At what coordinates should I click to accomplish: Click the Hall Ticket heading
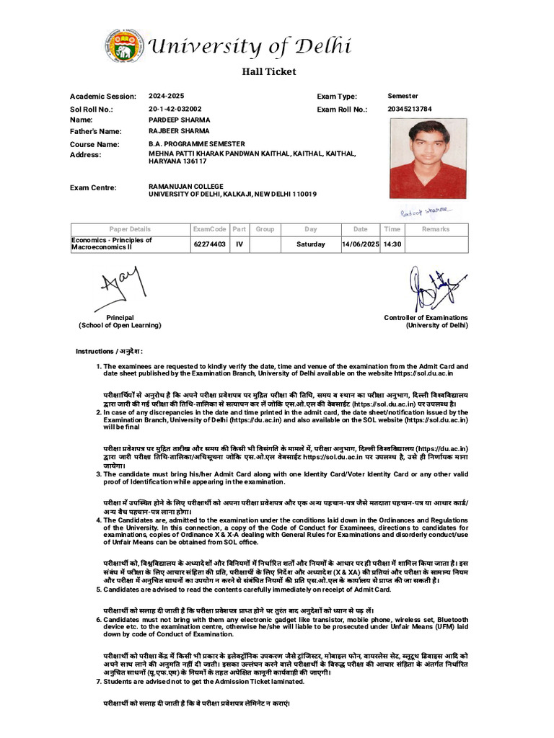[x=268, y=71]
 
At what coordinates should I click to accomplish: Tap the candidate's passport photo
[x=428, y=158]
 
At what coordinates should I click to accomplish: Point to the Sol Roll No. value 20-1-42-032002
[x=175, y=109]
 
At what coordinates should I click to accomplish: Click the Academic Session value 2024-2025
[x=167, y=96]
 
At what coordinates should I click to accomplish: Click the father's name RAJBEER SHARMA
[x=179, y=132]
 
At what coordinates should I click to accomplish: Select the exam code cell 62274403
[x=209, y=244]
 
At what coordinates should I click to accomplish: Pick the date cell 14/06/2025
[x=360, y=244]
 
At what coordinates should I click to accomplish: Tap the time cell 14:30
[x=392, y=244]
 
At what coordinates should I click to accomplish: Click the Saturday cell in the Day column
[x=310, y=244]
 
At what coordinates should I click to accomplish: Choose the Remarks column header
[x=436, y=229]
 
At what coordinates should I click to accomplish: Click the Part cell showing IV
[x=239, y=244]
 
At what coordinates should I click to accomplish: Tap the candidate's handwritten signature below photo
[x=426, y=211]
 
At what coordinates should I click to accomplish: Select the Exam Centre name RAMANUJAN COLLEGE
[x=186, y=187]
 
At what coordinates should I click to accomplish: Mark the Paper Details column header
[x=130, y=229]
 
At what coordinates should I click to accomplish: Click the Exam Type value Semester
[x=403, y=96]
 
